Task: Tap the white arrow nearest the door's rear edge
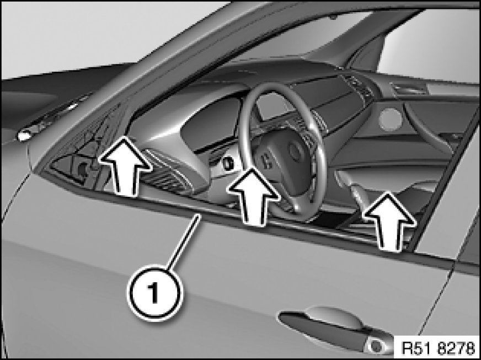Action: click(x=390, y=221)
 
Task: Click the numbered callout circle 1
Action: click(x=154, y=293)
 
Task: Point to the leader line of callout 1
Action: click(x=184, y=241)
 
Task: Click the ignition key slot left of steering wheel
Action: click(x=228, y=164)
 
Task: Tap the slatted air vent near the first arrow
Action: click(x=165, y=175)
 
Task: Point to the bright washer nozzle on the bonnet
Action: click(x=24, y=135)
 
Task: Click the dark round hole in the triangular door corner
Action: click(x=82, y=168)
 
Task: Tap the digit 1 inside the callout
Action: click(x=154, y=293)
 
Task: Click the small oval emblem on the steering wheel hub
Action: click(x=295, y=151)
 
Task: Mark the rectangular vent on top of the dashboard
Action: click(x=410, y=89)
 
